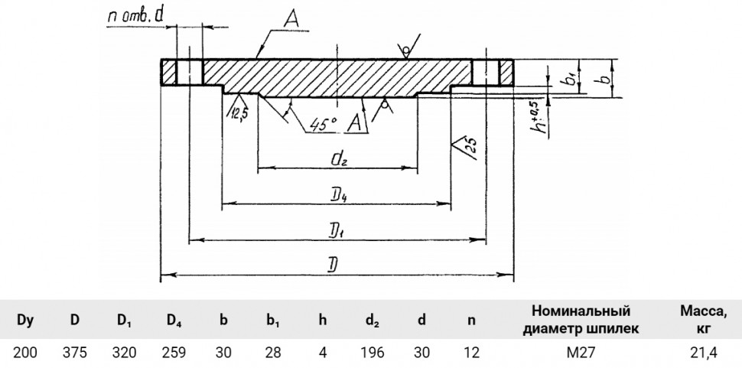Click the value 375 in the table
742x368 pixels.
coord(75,353)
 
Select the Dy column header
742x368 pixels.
coord(25,321)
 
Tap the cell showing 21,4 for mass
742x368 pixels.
coord(704,353)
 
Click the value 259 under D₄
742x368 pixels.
coord(174,353)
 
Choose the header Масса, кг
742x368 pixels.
coord(704,320)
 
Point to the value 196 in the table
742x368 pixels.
coord(372,353)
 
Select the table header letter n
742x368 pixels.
coord(471,321)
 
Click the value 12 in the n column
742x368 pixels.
coord(471,353)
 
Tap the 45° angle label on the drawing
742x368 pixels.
coord(324,124)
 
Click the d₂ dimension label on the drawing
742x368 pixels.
coord(338,160)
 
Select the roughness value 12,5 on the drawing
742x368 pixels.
coord(239,113)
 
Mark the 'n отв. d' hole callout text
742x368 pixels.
coord(135,17)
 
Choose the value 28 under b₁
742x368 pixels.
coord(273,353)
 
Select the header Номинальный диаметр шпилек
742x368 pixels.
coord(581,320)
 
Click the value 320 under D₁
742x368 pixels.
coord(125,353)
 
